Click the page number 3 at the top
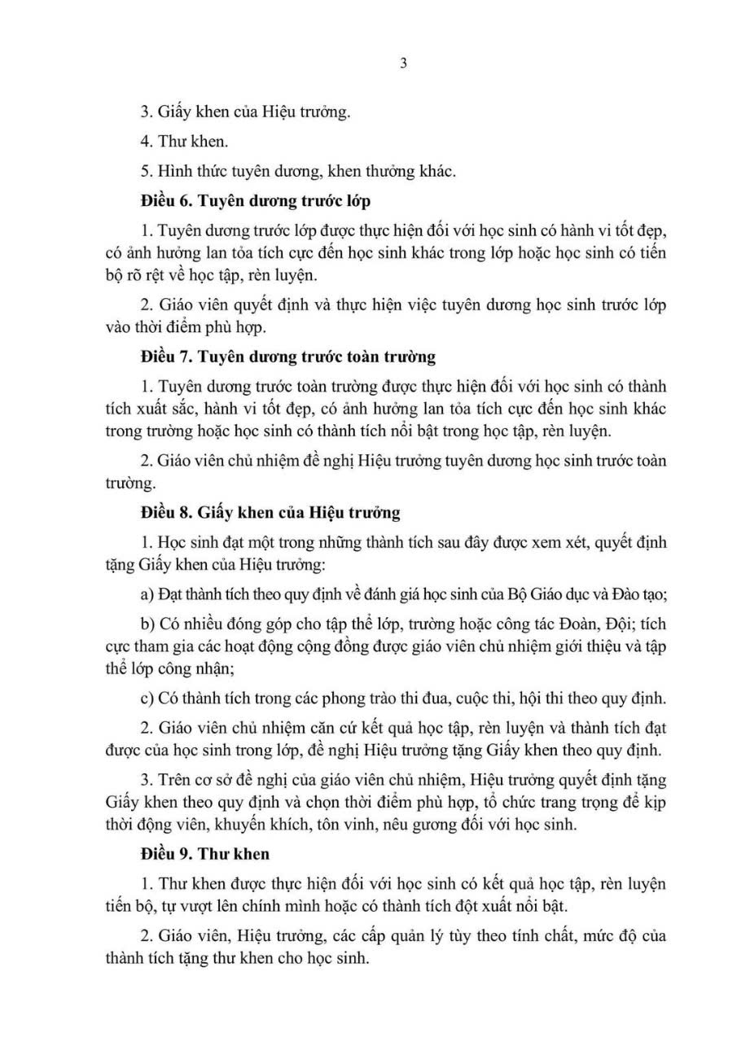coord(404,65)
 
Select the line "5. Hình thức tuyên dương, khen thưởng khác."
coord(297,170)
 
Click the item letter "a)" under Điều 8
coord(147,594)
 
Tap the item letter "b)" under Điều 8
coord(147,624)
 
